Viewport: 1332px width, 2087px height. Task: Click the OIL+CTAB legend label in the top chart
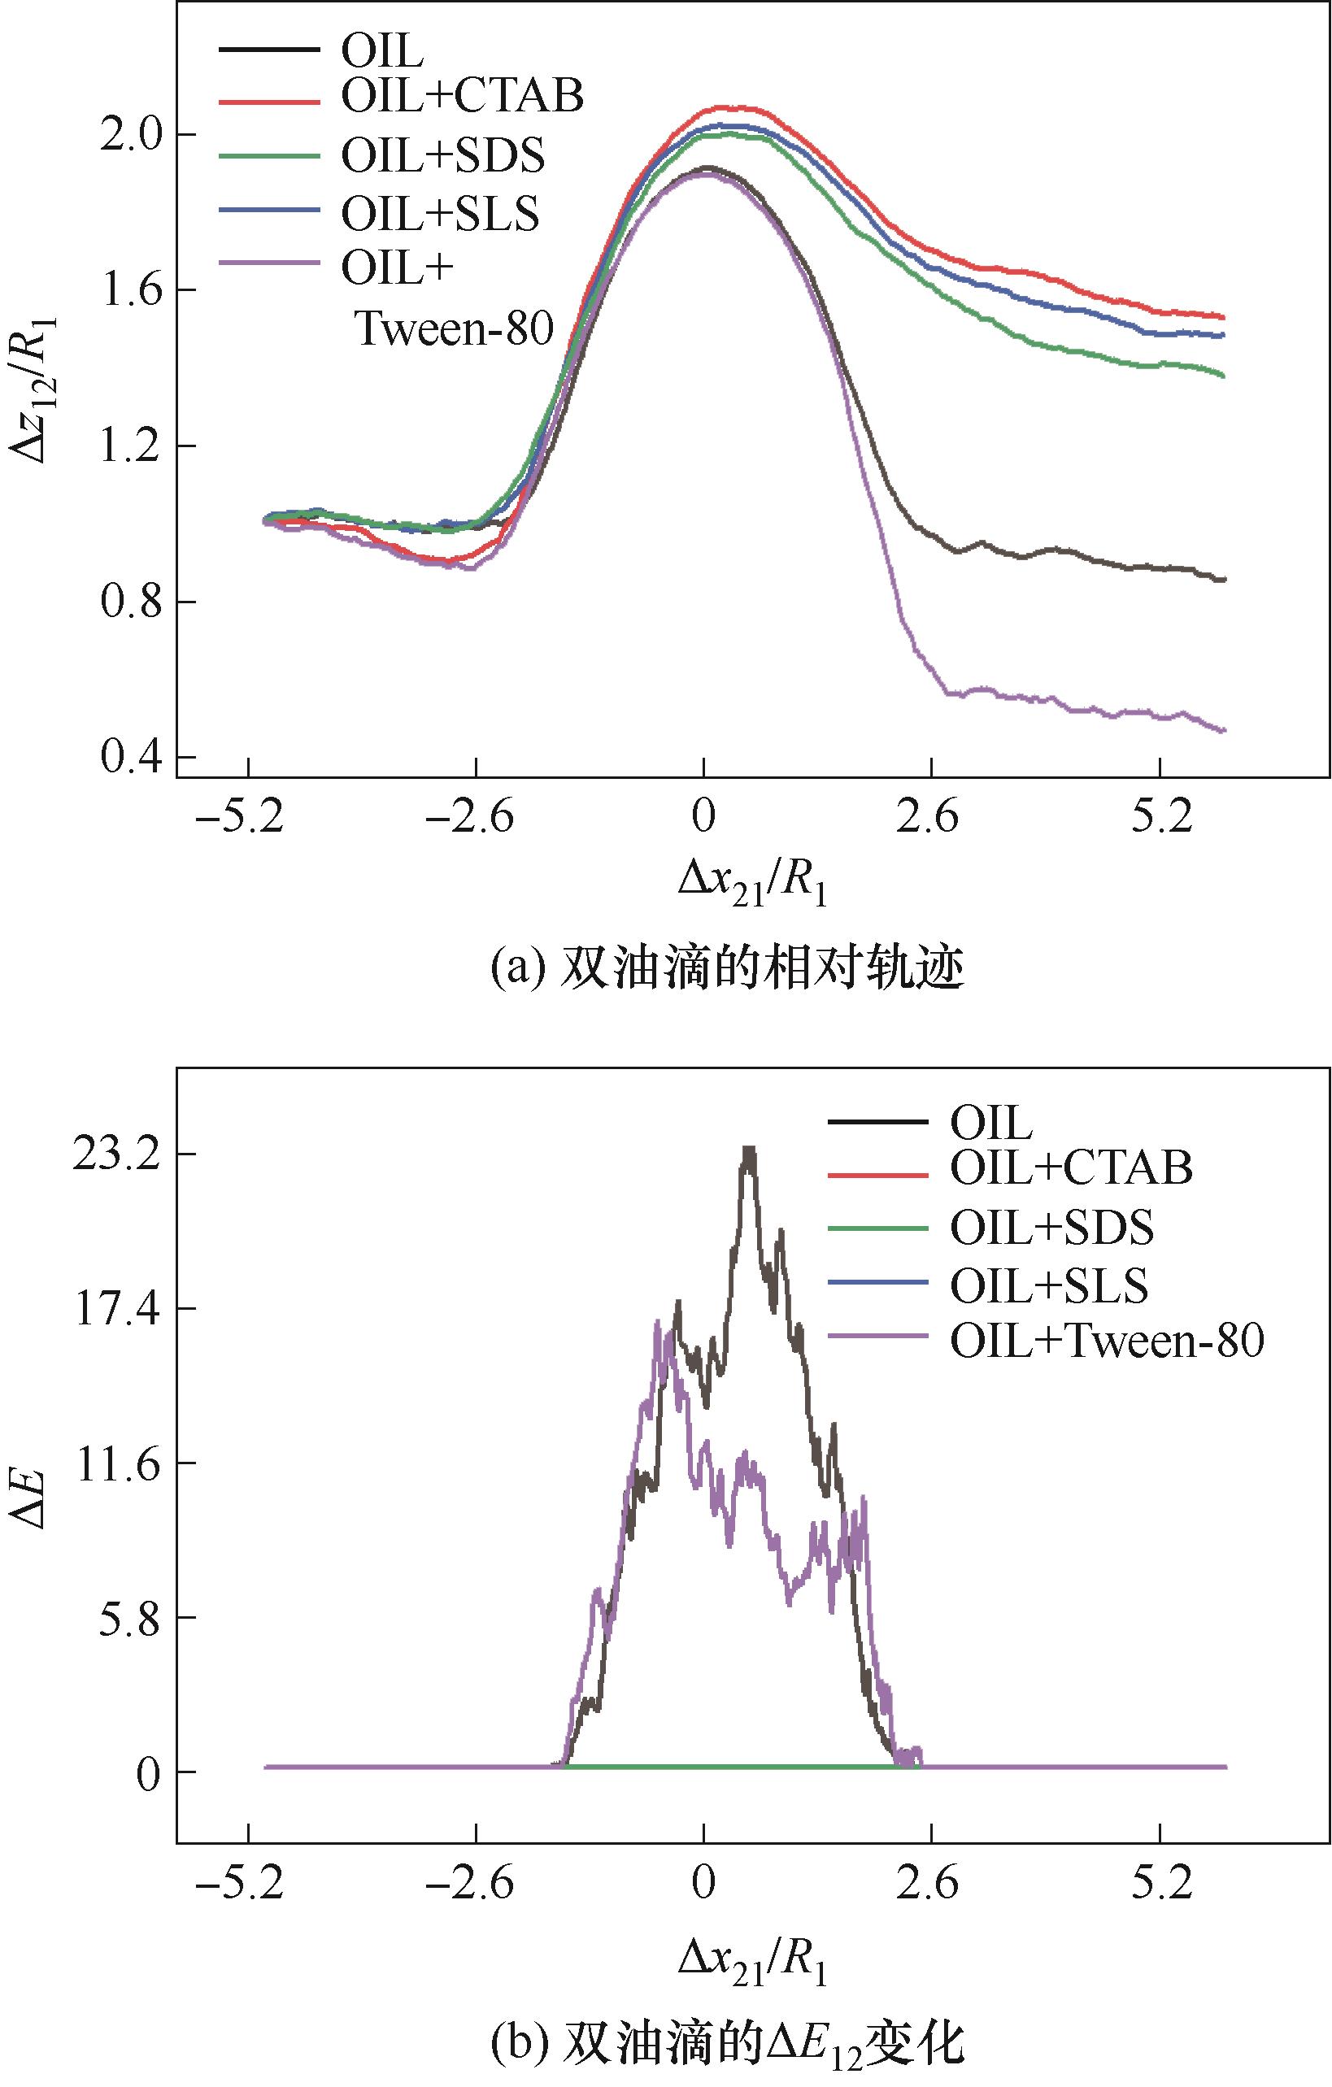[462, 96]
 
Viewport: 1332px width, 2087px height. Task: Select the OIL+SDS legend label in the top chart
[443, 155]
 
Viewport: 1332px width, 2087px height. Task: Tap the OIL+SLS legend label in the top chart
[439, 213]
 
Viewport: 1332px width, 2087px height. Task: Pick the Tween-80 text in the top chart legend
[454, 328]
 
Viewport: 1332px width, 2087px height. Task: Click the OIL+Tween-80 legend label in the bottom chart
[1107, 1341]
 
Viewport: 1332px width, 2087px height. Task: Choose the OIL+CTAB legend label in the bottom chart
[1071, 1167]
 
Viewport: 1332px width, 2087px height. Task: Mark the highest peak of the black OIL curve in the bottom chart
[750, 1150]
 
